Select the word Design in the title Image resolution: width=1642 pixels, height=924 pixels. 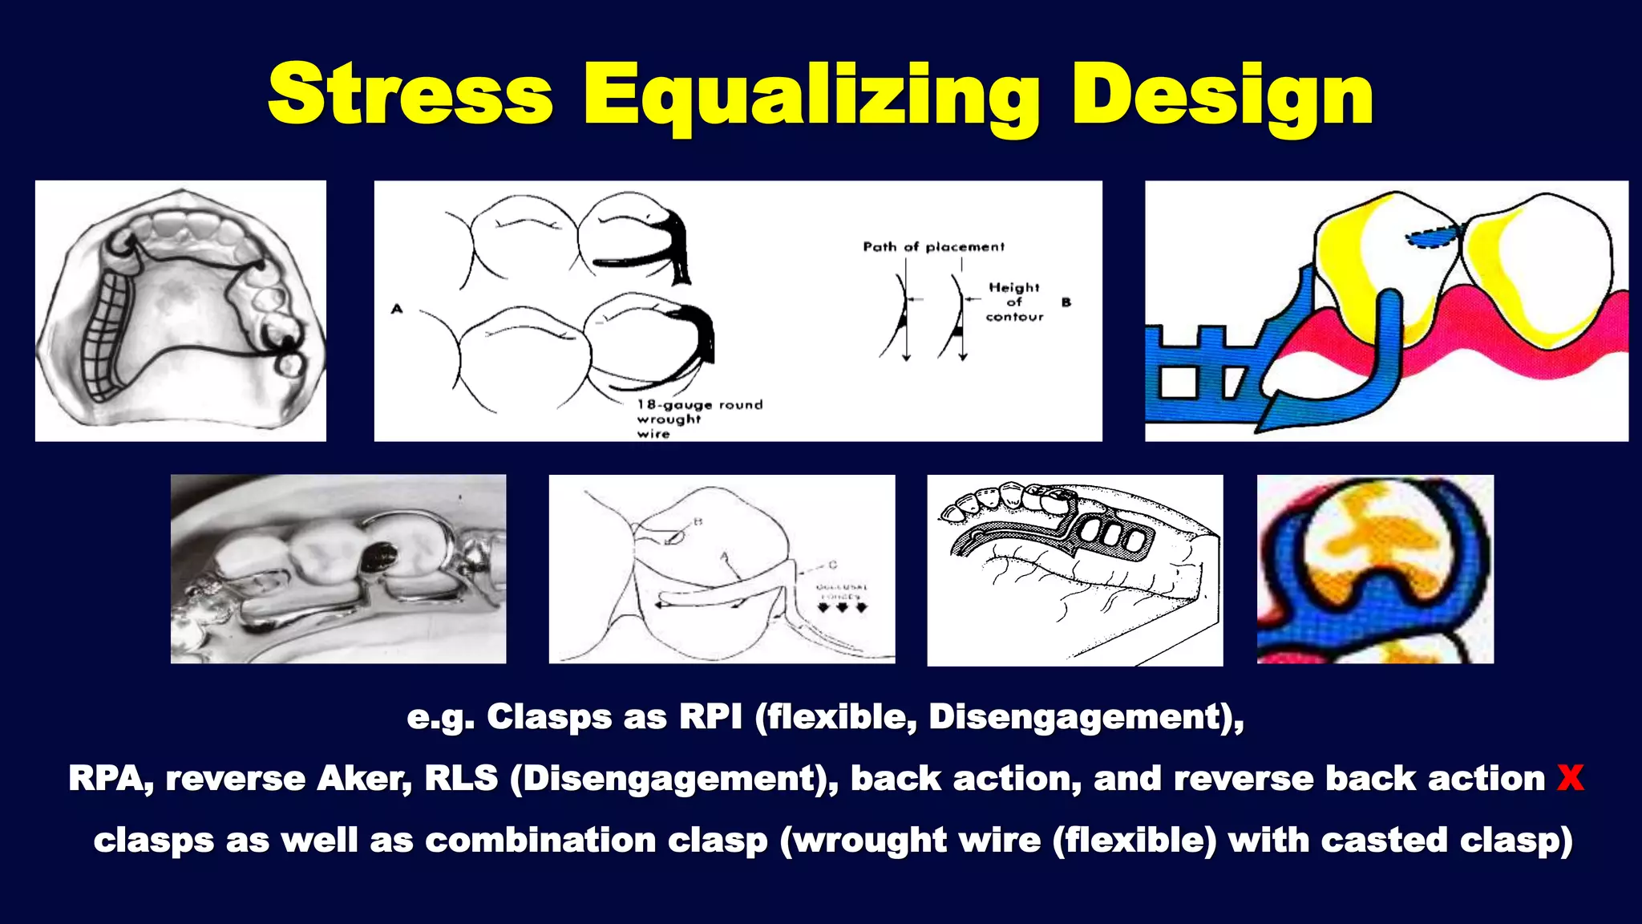pos(1222,96)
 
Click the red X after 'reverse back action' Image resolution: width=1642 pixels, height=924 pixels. pos(1570,778)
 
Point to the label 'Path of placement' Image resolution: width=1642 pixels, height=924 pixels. pos(933,246)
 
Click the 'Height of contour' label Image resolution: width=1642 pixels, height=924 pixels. pos(1014,302)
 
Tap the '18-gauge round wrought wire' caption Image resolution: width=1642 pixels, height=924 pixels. pos(699,418)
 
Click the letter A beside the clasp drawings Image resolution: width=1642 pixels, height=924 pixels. pos(397,308)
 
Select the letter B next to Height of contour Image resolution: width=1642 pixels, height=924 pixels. pos(1066,302)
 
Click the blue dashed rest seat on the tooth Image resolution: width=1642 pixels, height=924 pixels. pos(1434,237)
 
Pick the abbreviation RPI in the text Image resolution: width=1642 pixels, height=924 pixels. pos(710,716)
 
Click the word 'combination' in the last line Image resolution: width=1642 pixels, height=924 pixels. pos(540,840)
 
